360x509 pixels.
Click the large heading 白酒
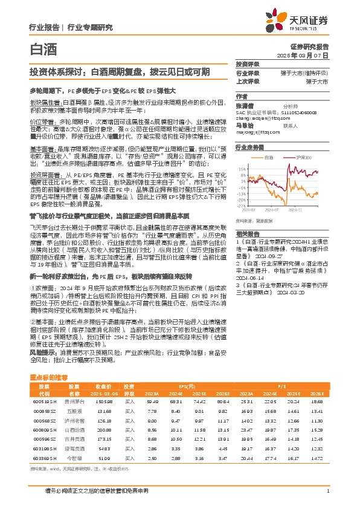click(40, 47)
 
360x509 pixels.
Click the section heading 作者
click(242, 96)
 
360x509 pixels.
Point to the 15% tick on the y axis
click(242, 169)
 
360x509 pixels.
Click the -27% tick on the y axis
click(241, 207)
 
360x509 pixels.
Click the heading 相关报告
click(246, 233)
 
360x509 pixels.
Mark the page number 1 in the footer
click(327, 491)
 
